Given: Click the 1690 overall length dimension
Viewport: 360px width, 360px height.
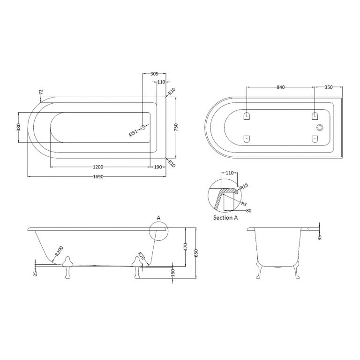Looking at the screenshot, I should tap(97, 176).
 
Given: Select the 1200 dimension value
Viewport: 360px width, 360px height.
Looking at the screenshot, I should tap(98, 167).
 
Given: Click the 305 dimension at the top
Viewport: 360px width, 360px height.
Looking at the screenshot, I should tap(154, 74).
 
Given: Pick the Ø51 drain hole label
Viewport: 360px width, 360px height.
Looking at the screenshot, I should tap(134, 133).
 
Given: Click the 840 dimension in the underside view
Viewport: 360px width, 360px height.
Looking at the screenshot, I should tap(281, 87).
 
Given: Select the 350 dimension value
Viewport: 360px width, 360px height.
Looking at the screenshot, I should tap(328, 87).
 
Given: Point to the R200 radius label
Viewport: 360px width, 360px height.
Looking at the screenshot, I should tap(58, 253).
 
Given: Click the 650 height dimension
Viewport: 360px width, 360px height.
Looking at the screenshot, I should tap(196, 253).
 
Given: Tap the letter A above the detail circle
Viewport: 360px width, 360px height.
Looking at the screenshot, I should tap(158, 218).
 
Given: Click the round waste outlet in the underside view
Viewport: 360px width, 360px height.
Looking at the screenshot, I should tap(321, 127).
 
